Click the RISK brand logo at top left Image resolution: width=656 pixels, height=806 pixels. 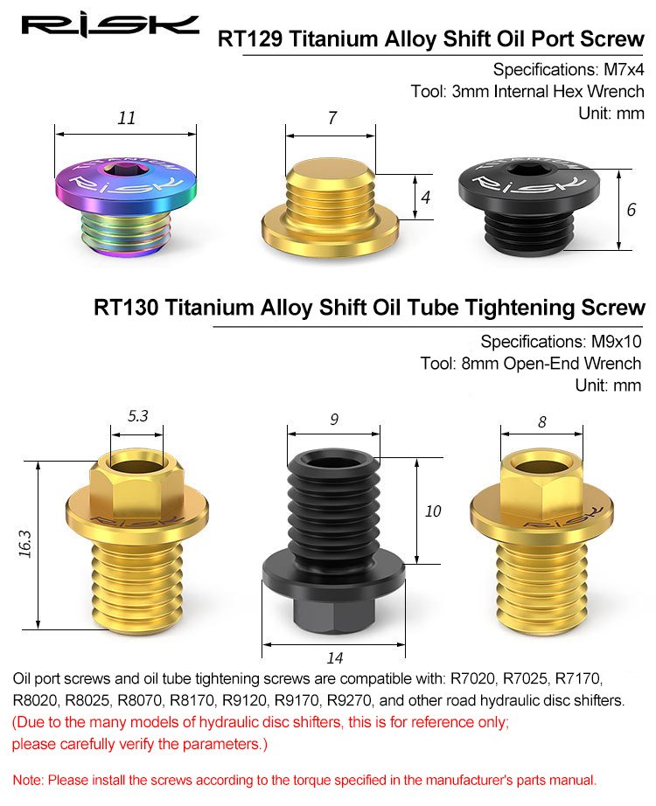click(x=110, y=25)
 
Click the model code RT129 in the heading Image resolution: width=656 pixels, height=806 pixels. click(x=250, y=39)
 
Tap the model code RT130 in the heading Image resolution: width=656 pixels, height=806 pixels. click(x=126, y=308)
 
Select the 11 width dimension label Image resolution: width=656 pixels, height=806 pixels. click(x=127, y=118)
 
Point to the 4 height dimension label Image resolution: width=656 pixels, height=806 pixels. click(x=425, y=197)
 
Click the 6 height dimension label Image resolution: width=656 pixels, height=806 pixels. click(x=632, y=209)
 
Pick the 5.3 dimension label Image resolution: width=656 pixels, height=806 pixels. click(x=138, y=415)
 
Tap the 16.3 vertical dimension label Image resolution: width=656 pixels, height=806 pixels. click(x=24, y=544)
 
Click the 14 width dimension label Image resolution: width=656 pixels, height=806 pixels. click(x=334, y=657)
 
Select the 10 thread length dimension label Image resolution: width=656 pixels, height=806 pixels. click(x=433, y=511)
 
